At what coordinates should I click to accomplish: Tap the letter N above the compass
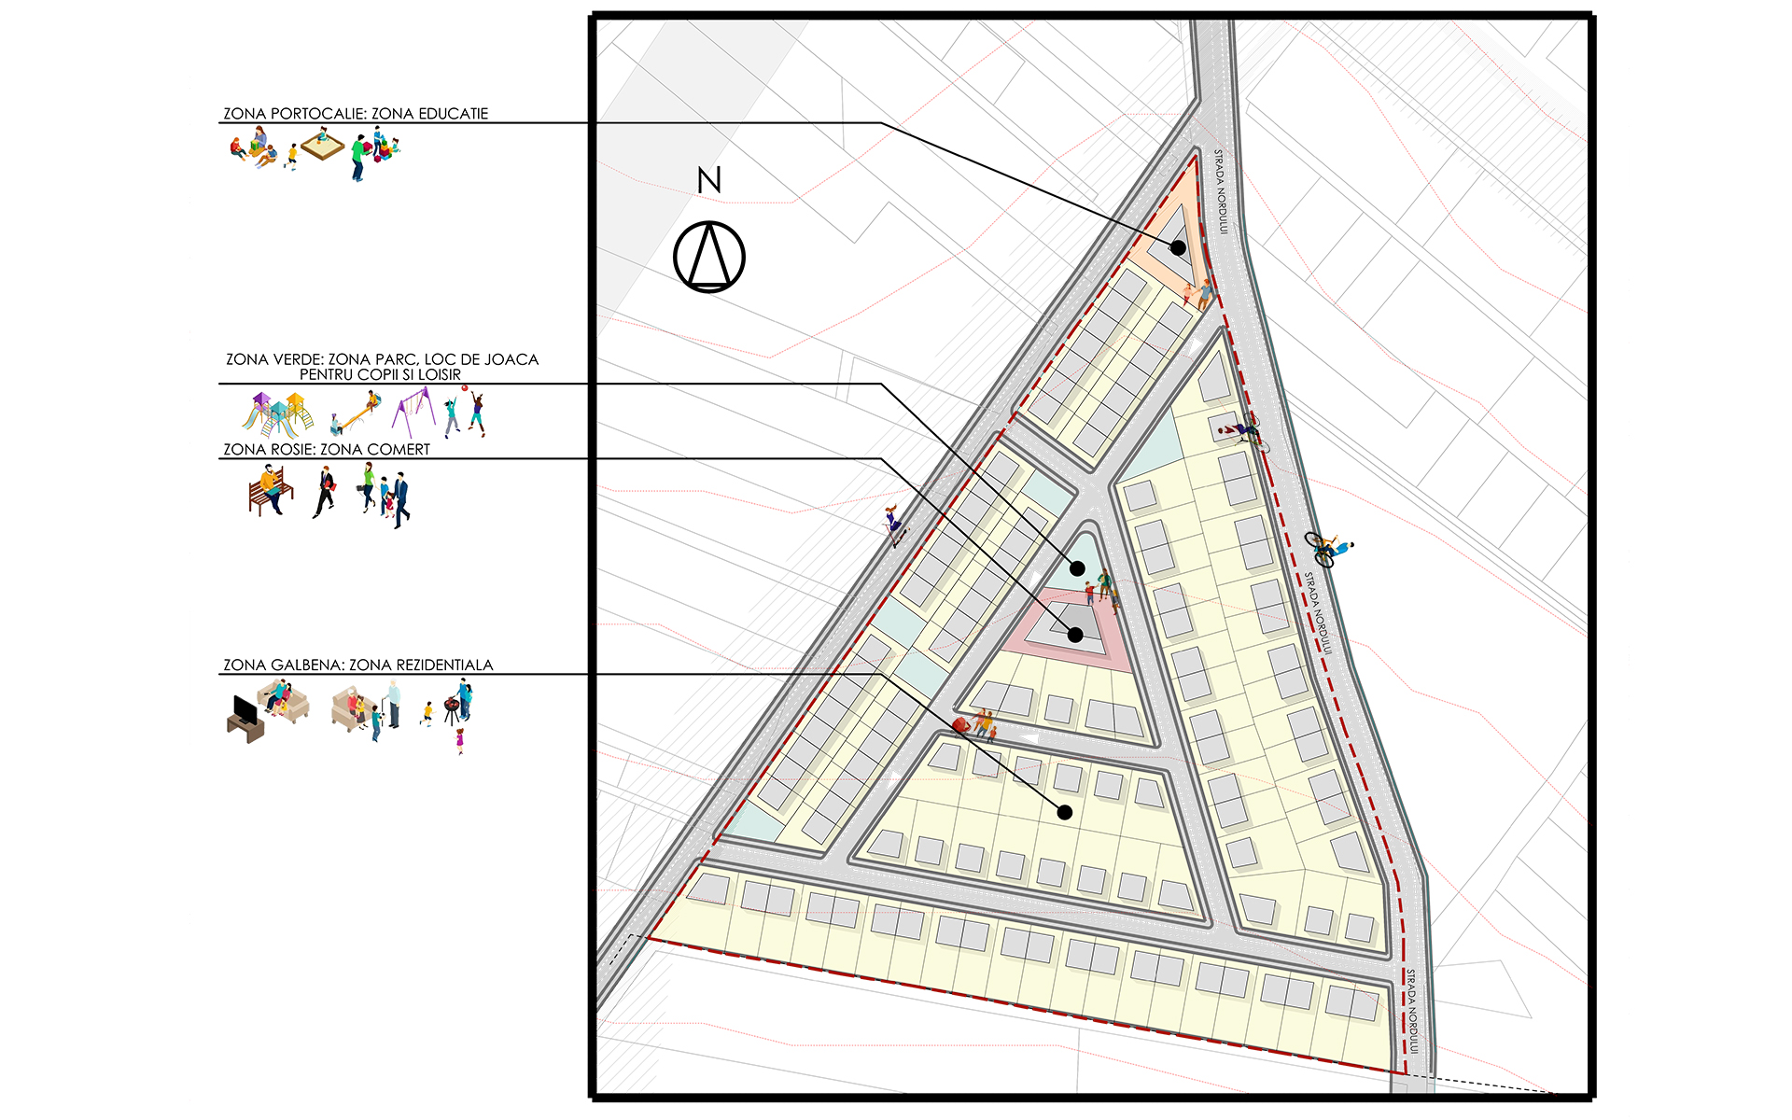pyautogui.click(x=709, y=180)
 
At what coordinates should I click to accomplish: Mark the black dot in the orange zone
pyautogui.click(x=1179, y=248)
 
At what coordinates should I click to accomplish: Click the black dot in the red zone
pyautogui.click(x=1075, y=635)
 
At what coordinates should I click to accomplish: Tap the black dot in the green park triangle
pyautogui.click(x=1077, y=567)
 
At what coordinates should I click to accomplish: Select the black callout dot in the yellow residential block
pyautogui.click(x=1065, y=813)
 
